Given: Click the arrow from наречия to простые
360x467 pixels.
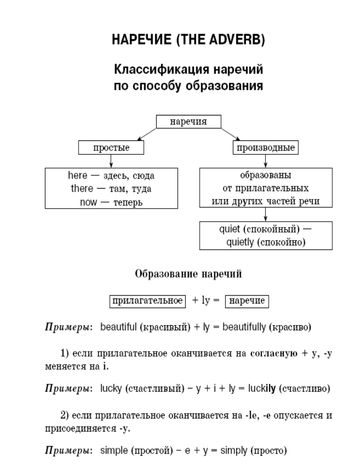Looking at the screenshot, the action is [x=146, y=134].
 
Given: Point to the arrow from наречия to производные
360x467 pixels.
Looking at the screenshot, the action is [x=230, y=134].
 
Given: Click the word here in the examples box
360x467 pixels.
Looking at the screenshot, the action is [x=77, y=175].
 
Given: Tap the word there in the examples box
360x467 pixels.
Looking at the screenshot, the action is [x=82, y=188].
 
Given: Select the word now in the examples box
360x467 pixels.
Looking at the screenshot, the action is [x=89, y=202].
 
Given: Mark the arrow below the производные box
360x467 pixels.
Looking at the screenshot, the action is [x=266, y=161].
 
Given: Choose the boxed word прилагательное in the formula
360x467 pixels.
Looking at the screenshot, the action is [x=148, y=301].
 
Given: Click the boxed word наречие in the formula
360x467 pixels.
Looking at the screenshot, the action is [x=247, y=301].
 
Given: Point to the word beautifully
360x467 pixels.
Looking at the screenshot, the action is [x=244, y=327].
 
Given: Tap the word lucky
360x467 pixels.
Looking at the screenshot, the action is [x=111, y=388].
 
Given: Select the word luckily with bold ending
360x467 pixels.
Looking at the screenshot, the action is [x=262, y=388].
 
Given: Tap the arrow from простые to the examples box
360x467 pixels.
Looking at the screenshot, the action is [x=111, y=161].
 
